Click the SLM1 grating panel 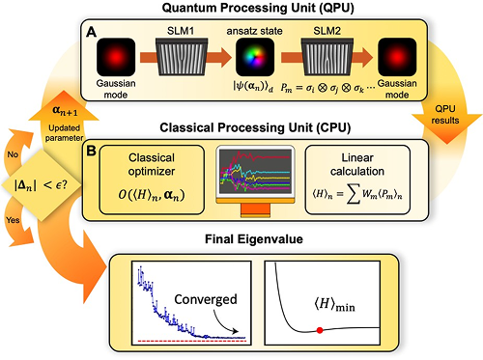pos(182,57)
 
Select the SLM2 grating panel pos(327,57)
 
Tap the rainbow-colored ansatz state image pos(255,57)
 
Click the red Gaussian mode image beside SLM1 pos(116,57)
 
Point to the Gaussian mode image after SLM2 pos(397,57)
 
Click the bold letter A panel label pos(91,32)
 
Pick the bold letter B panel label pos(91,151)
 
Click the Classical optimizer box pos(152,180)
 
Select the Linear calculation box pos(357,180)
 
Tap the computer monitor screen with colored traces pos(255,172)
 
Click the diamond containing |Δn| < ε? pos(42,185)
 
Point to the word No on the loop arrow pos(13,154)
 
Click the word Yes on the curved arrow pos(13,220)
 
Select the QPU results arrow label pos(445,115)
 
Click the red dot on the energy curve pos(320,330)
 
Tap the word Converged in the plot pos(206,299)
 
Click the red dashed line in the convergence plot pos(192,341)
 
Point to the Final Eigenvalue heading pos(254,239)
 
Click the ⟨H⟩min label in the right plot pos(335,304)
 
